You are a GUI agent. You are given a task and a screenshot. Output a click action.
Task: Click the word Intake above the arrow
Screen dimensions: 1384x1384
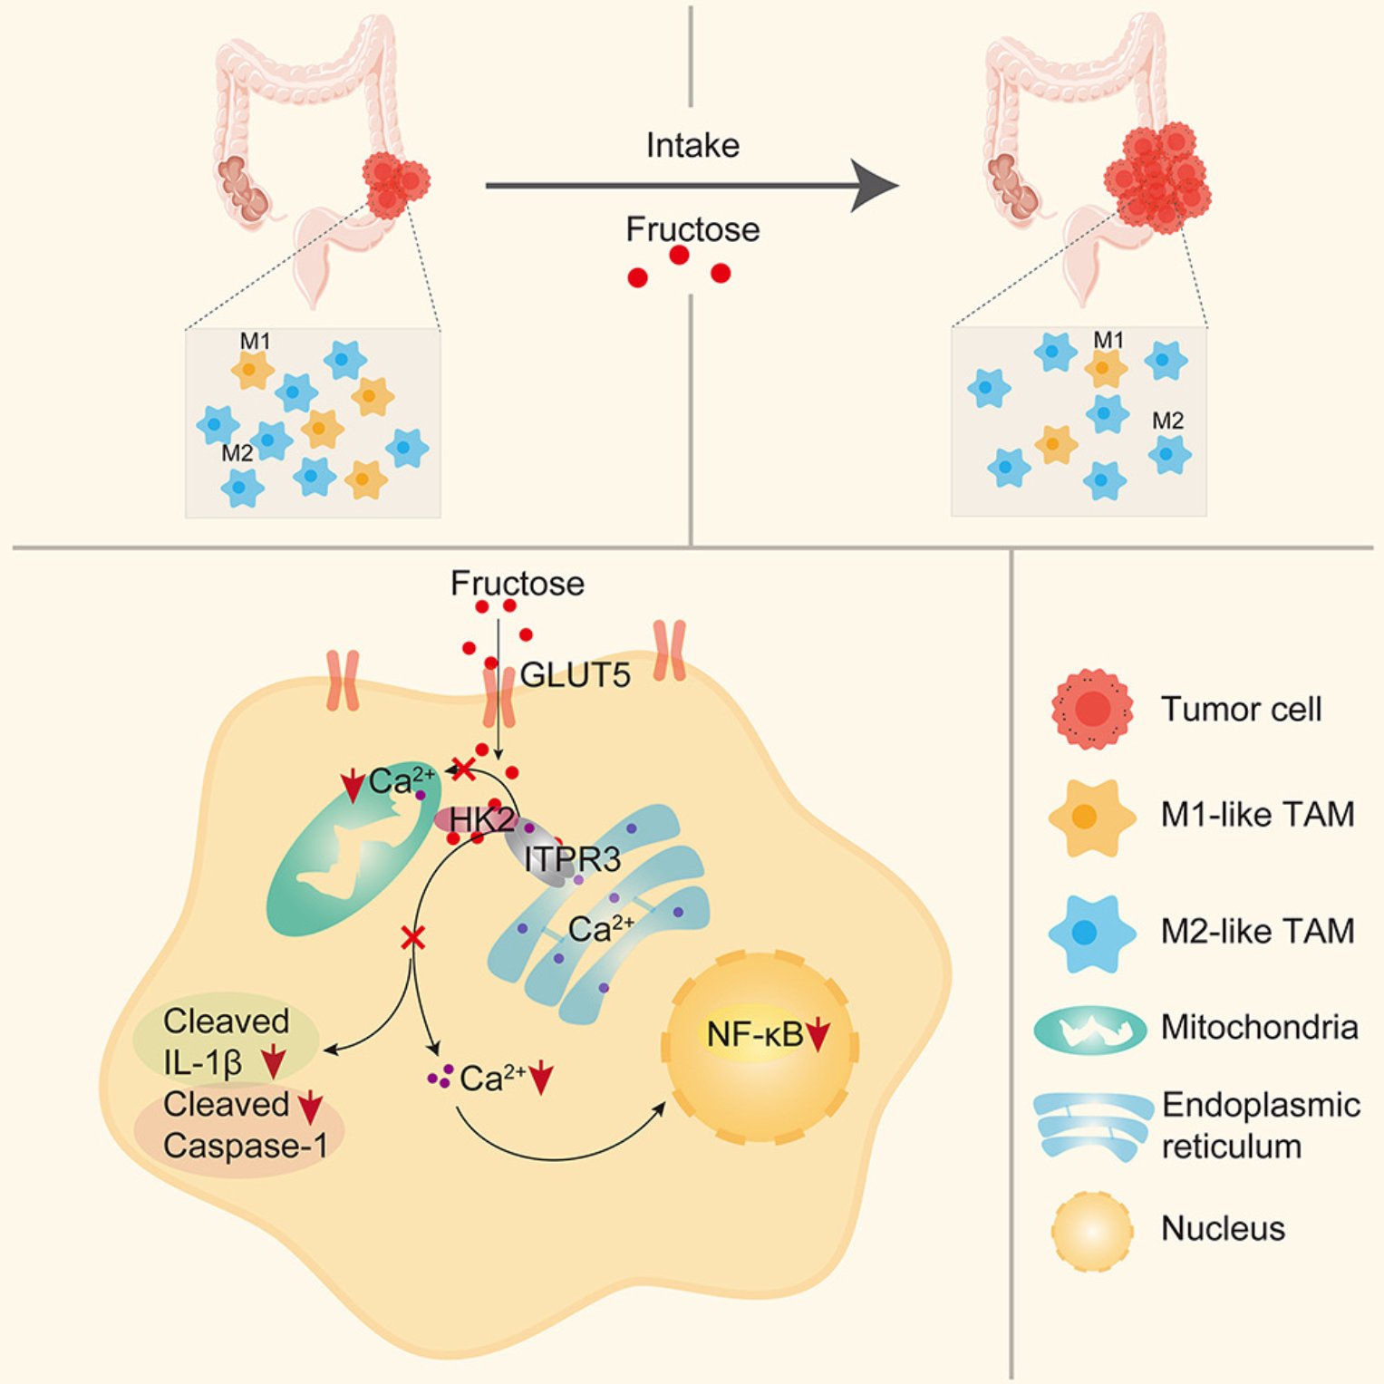[692, 145]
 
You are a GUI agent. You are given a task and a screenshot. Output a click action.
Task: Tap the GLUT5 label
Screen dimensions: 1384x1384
[575, 675]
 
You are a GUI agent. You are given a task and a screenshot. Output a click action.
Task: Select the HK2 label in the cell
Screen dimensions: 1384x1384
[481, 820]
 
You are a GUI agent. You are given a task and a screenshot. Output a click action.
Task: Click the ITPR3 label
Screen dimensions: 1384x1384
[572, 858]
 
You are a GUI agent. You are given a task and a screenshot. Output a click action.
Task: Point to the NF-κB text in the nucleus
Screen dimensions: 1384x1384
[754, 1033]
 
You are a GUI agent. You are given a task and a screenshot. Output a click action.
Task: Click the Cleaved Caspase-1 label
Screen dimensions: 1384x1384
[245, 1125]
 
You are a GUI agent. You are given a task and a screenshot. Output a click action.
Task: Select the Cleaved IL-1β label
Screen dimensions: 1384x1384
[226, 1041]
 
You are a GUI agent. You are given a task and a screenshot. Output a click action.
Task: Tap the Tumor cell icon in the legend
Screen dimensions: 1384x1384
[1092, 709]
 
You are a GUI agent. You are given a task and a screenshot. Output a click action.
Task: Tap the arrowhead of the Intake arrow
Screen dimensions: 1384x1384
[875, 186]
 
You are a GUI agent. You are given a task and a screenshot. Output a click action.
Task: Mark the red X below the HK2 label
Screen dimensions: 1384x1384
[413, 937]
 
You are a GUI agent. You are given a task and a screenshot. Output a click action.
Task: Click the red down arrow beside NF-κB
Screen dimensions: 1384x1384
[818, 1035]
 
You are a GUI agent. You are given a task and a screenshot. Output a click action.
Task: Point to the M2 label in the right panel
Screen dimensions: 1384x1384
[1167, 421]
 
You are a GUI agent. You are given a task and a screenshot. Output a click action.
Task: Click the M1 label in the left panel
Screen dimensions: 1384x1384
[255, 342]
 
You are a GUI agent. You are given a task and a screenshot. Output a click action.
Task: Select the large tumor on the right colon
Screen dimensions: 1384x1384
[1157, 179]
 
